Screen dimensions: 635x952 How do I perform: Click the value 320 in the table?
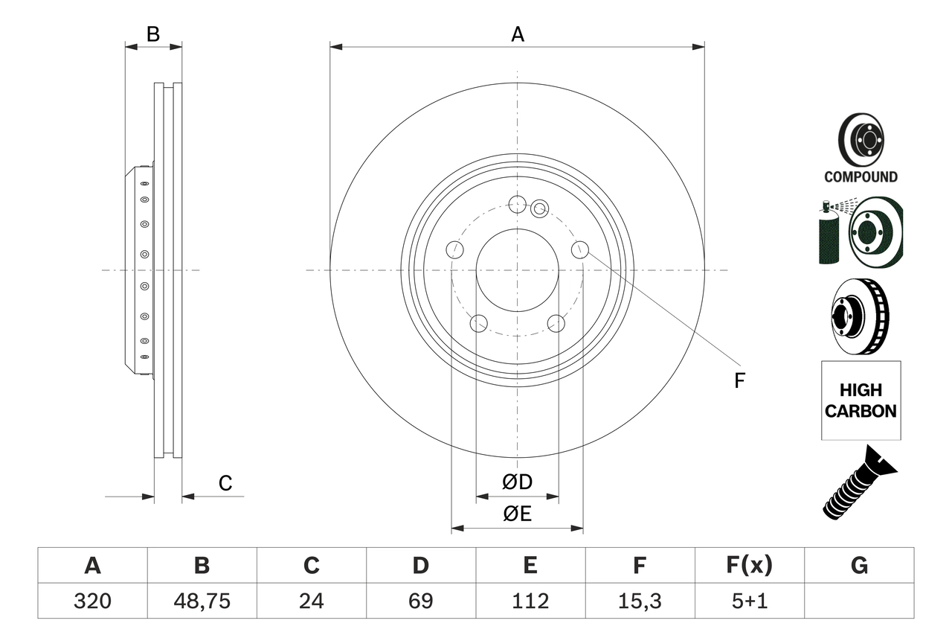[92, 601]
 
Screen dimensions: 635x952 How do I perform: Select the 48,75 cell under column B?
[202, 601]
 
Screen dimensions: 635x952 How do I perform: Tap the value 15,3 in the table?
[639, 601]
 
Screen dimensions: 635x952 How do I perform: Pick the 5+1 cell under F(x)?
[749, 601]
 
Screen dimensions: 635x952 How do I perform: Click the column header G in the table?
[859, 566]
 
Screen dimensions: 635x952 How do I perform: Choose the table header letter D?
[420, 566]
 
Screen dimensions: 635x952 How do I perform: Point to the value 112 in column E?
[530, 601]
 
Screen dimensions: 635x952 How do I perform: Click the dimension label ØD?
[518, 482]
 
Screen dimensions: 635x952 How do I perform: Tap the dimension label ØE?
[518, 514]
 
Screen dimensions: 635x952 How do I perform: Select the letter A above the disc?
[517, 33]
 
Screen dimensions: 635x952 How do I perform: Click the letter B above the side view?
[152, 33]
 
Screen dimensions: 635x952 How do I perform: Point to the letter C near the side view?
[225, 484]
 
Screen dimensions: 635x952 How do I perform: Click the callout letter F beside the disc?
[739, 380]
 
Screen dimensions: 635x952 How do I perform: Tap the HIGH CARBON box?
[861, 401]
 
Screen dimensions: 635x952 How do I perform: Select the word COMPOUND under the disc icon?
[861, 177]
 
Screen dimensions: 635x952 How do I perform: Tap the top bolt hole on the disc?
[517, 203]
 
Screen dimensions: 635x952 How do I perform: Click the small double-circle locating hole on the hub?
[540, 209]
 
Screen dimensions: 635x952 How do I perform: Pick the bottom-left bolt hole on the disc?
[479, 323]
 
